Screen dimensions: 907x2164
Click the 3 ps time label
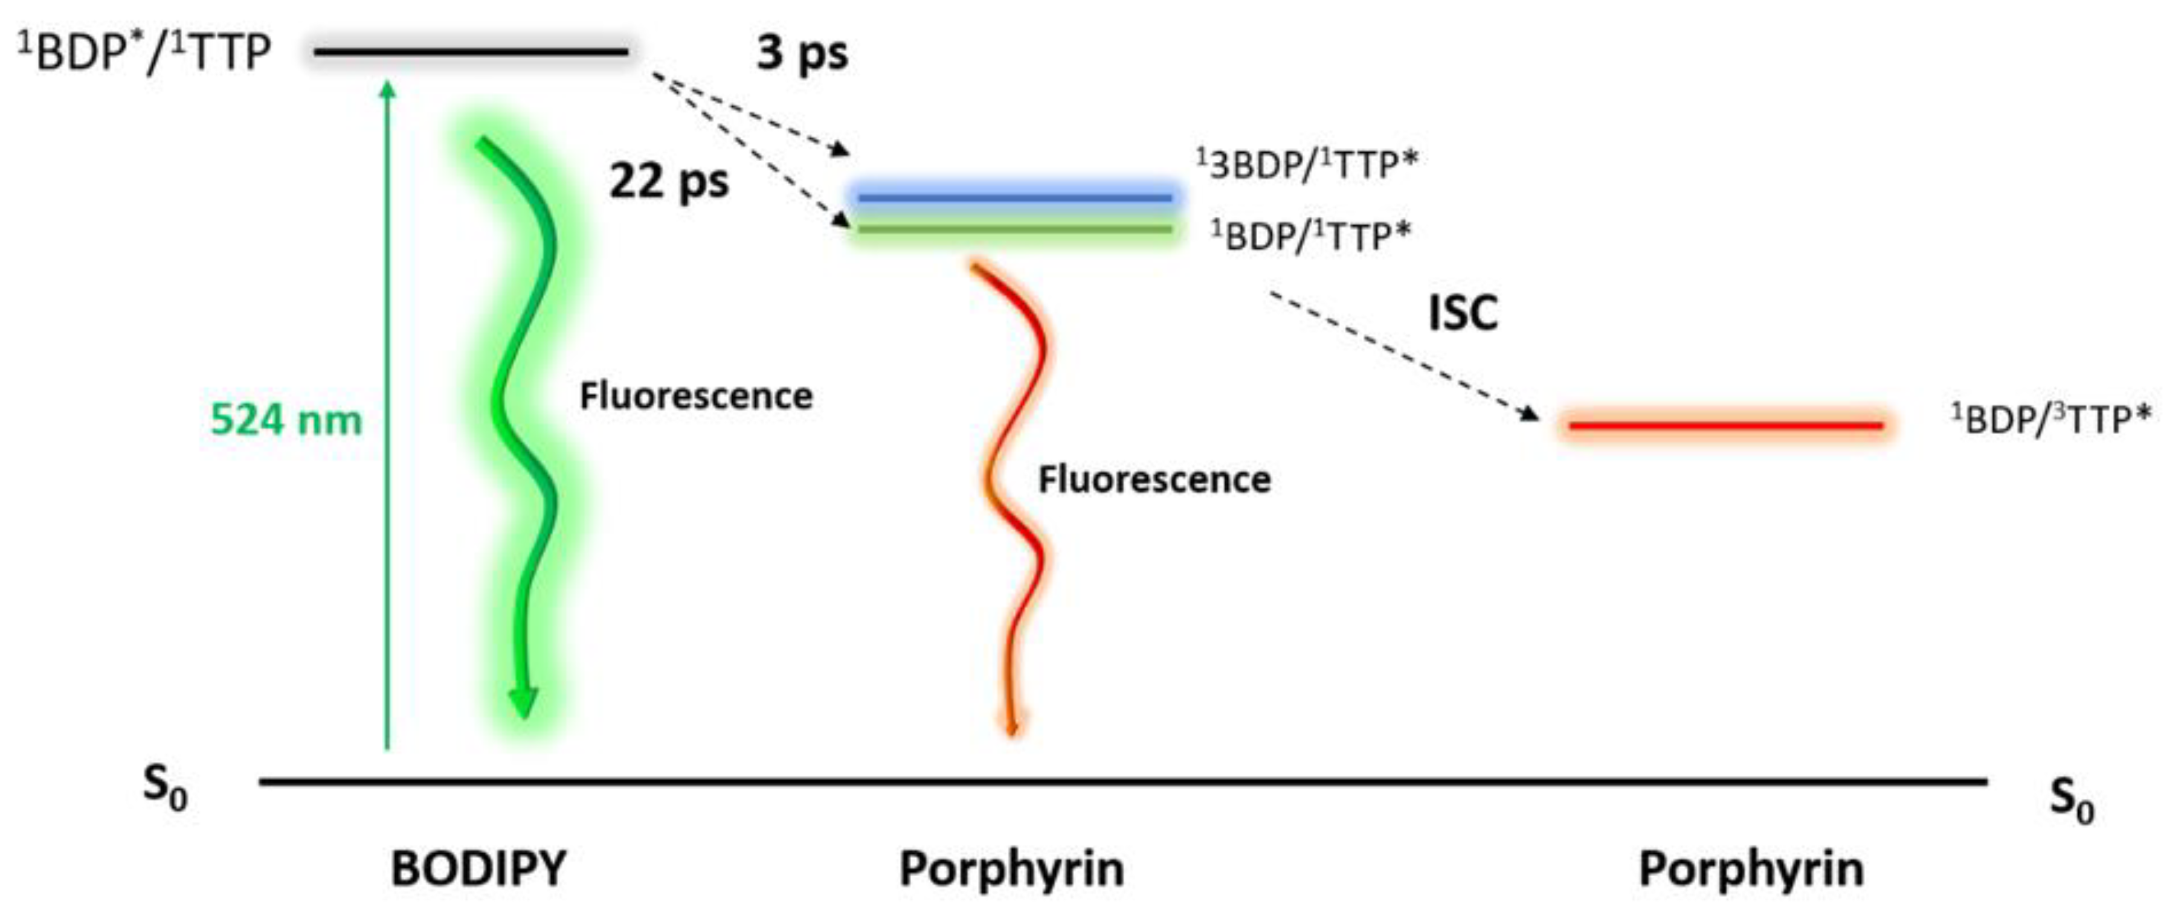tap(802, 54)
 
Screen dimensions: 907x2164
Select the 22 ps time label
tap(669, 181)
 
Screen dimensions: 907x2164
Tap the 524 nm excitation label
tap(286, 420)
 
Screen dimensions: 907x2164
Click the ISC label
tap(1463, 313)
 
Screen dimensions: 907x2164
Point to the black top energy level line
tap(471, 52)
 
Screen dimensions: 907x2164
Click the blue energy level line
tap(1015, 198)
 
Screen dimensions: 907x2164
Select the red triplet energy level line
tap(1725, 426)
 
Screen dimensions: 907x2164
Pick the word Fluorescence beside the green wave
tap(695, 396)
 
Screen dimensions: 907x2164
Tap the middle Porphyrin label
tap(1011, 868)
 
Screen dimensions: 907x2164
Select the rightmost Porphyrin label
tap(1751, 868)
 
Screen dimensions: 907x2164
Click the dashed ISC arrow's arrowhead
tap(1531, 415)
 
